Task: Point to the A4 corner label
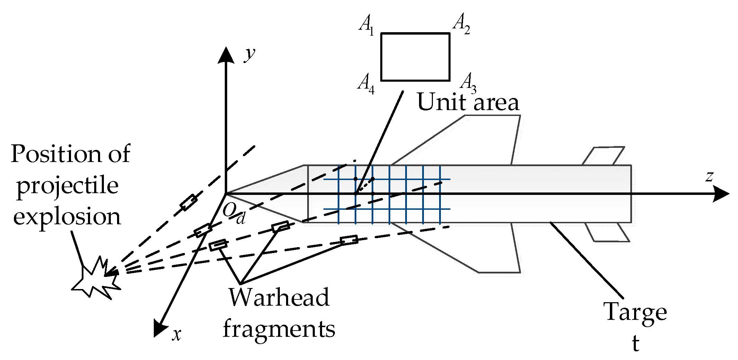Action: pos(366,84)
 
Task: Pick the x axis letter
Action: pos(177,334)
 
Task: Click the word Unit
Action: pos(438,102)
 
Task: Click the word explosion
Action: pos(67,217)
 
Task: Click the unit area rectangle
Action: pos(415,57)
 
